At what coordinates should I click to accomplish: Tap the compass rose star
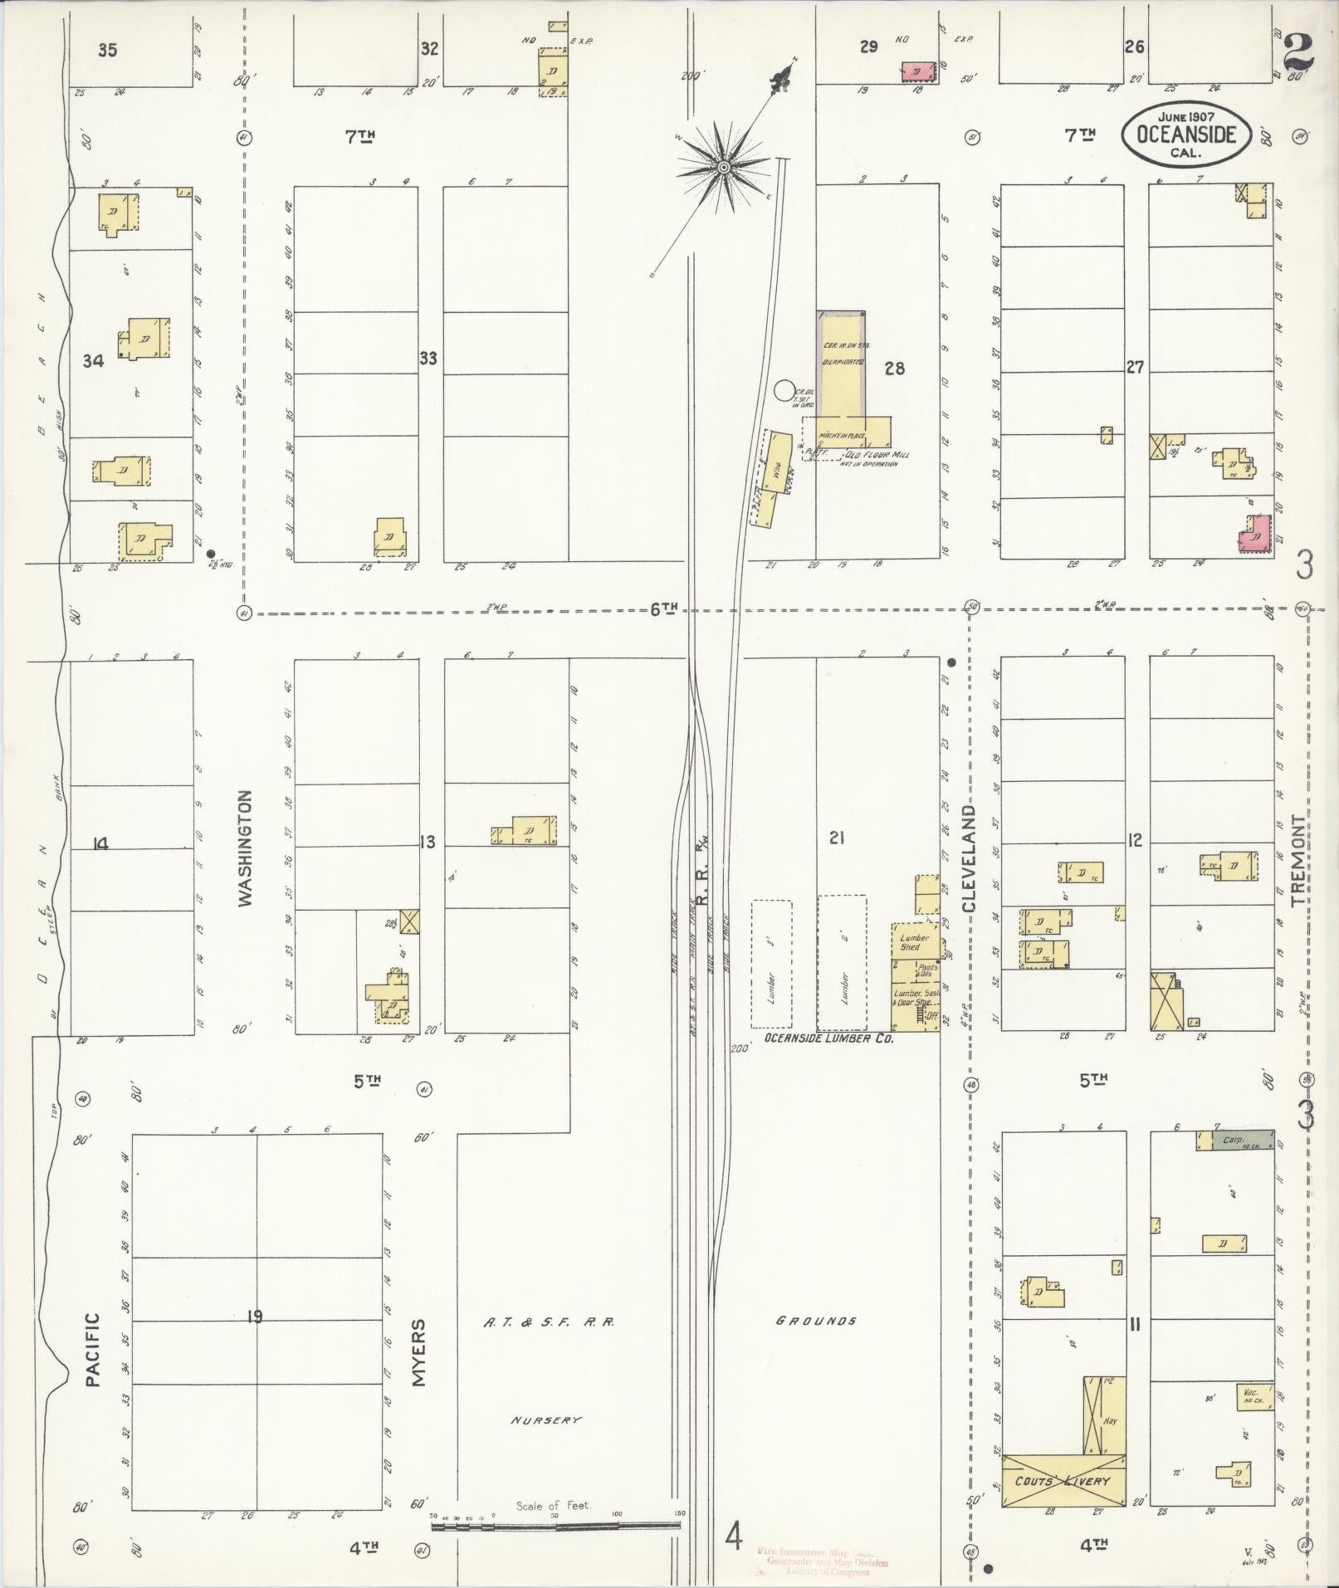tap(724, 168)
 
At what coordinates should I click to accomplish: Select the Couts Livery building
tap(1063, 1481)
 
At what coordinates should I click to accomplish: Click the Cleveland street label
tap(970, 858)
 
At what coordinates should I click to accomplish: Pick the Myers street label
tap(419, 1353)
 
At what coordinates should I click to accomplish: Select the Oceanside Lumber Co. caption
tap(828, 1038)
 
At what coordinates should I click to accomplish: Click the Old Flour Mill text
tap(872, 455)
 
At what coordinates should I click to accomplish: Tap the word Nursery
tap(545, 1420)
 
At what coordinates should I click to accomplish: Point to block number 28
tap(894, 369)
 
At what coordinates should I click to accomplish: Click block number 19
tap(254, 1316)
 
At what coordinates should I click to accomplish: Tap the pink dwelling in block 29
tap(916, 73)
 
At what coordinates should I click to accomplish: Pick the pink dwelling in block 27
tap(1256, 534)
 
